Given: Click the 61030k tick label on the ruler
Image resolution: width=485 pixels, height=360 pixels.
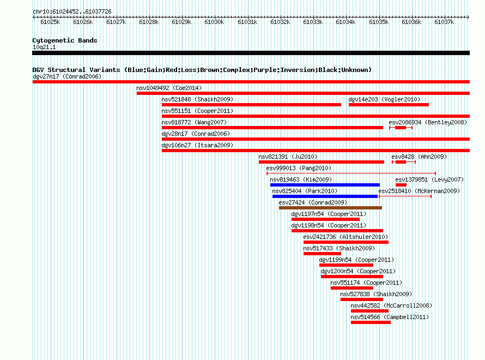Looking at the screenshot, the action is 214,22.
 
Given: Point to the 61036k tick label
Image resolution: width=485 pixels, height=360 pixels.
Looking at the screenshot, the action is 411,22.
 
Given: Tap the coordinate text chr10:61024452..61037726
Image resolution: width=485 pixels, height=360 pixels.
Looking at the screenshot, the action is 72,12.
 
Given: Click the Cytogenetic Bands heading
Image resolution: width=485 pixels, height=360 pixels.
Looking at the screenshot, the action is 65,40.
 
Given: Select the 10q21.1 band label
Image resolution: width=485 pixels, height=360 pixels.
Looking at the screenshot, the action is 44,47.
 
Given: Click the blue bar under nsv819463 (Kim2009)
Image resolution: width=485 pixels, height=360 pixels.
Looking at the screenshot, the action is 325,185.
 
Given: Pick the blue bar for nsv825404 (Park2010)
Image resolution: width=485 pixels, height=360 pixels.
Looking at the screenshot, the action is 325,196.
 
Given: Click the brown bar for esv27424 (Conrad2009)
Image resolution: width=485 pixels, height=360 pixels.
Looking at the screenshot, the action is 330,208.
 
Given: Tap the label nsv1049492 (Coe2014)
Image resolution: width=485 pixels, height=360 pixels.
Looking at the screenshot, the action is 169,88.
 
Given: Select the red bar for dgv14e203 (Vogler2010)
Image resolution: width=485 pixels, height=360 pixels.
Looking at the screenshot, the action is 389,105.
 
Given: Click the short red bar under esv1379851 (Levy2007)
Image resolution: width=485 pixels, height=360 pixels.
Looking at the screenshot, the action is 401,185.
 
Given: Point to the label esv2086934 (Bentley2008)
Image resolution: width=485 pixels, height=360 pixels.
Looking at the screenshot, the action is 428,122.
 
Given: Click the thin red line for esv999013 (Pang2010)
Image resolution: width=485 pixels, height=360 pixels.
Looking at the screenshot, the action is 351,173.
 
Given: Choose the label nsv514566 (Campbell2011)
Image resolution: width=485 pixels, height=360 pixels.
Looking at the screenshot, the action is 390,317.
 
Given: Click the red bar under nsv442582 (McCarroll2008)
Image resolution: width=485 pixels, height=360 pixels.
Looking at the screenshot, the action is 369,311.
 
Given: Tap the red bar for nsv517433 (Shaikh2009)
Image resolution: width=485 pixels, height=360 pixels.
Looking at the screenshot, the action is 322,254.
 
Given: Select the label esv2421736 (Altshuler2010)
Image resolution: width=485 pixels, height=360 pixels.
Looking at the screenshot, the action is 345,237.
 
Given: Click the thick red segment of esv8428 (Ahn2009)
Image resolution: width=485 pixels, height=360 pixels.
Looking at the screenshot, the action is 401,162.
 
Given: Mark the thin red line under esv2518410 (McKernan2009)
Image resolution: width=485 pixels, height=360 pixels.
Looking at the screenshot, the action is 405,196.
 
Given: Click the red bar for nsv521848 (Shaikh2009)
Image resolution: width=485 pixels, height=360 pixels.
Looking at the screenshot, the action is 251,105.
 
